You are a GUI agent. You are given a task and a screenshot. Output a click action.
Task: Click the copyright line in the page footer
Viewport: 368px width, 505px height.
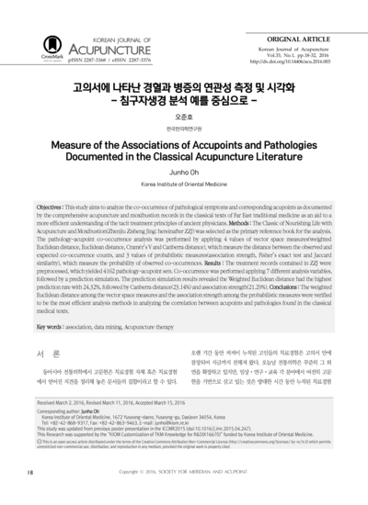coord(184,472)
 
